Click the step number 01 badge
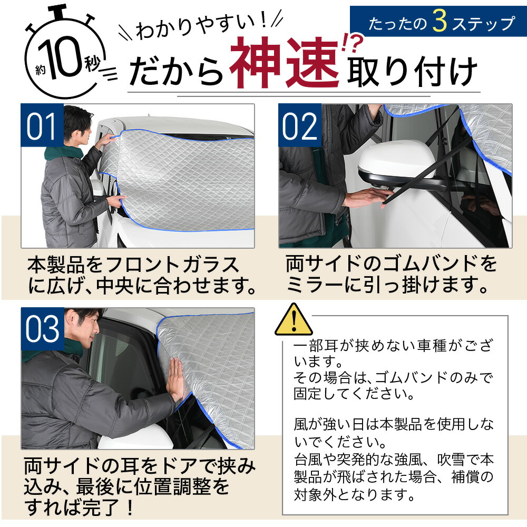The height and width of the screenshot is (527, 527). point(42,125)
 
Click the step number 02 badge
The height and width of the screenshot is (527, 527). point(299,125)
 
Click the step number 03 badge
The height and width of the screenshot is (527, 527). point(42,329)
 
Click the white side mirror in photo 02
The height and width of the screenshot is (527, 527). point(395,161)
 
